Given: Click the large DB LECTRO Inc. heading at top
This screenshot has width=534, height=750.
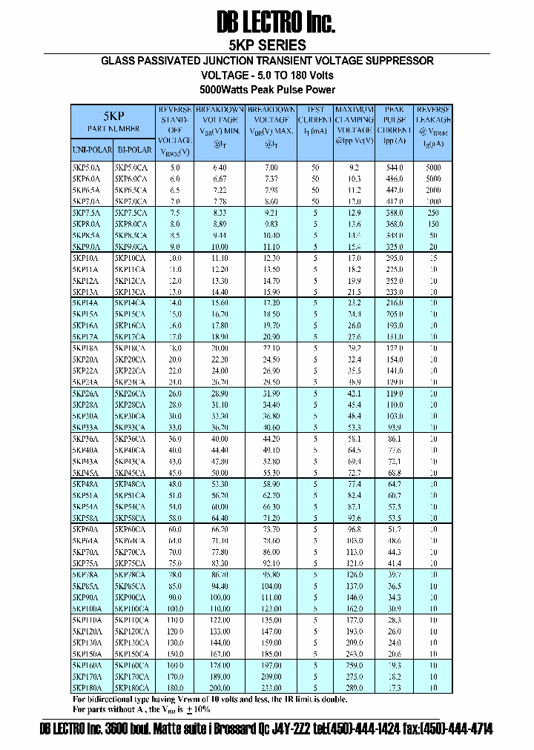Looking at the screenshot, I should click(x=276, y=23).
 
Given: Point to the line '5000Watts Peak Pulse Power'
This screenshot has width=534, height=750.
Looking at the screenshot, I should click(x=267, y=90).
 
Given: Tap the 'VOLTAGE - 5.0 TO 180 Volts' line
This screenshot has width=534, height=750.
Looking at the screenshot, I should click(x=267, y=76).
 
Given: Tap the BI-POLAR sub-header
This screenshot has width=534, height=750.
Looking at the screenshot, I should click(x=134, y=149).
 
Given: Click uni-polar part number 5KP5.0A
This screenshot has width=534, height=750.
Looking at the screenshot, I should click(x=86, y=168).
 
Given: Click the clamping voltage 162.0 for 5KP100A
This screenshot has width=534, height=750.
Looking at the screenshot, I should click(x=355, y=608).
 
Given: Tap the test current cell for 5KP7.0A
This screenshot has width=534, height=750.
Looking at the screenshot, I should click(x=315, y=202).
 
